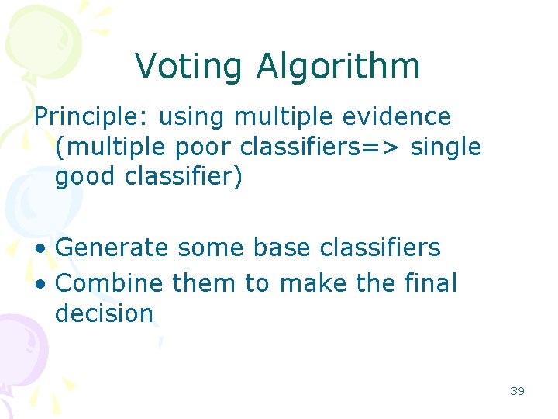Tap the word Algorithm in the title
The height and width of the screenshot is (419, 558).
(x=339, y=67)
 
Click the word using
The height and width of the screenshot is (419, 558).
(x=190, y=117)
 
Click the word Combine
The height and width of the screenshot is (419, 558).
(x=110, y=283)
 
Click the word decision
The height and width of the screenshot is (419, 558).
(x=105, y=313)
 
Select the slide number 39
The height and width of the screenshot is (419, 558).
(x=518, y=391)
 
